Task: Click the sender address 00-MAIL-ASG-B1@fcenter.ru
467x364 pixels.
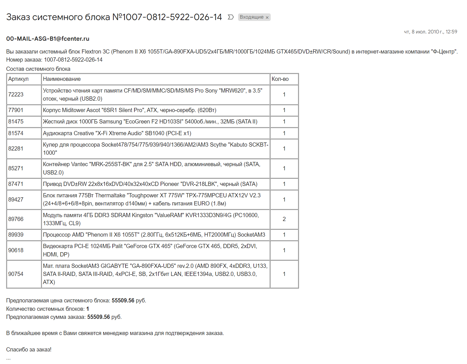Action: click(48, 39)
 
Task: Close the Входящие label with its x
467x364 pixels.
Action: click(267, 17)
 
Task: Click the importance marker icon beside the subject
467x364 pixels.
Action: click(231, 17)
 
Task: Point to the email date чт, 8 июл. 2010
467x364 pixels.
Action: click(430, 32)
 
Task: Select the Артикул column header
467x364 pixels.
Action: click(18, 79)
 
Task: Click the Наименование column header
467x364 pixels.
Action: click(62, 79)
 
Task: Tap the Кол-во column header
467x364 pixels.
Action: click(280, 79)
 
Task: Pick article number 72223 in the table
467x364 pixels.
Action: click(16, 94)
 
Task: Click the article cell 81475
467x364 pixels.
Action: click(16, 122)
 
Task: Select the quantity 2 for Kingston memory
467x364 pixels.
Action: click(284, 219)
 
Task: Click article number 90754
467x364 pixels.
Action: click(16, 274)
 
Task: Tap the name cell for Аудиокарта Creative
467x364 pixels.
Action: click(117, 133)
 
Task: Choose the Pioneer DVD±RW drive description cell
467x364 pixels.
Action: click(150, 184)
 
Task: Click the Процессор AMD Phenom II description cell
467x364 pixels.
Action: click(154, 235)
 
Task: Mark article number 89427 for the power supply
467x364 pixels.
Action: click(16, 200)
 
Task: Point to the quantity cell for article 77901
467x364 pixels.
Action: click(284, 110)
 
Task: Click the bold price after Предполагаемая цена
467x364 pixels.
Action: click(123, 300)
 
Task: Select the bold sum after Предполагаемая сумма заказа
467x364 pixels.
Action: click(98, 317)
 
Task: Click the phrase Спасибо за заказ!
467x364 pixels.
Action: click(29, 350)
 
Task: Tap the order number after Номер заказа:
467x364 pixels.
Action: click(73, 60)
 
